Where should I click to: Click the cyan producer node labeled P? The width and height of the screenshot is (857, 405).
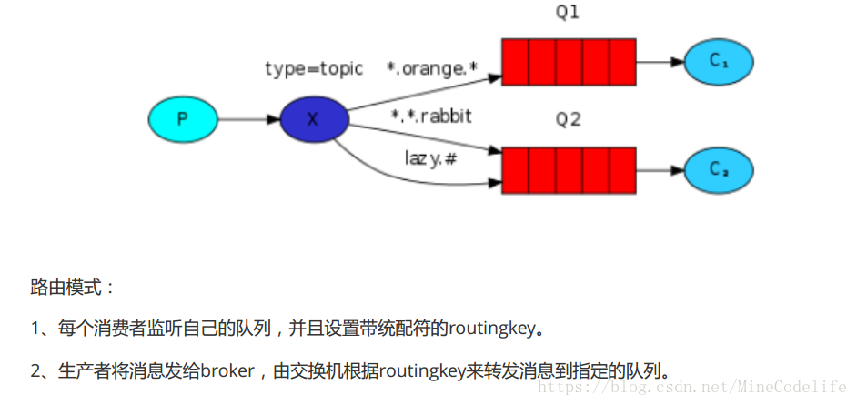pos(183,119)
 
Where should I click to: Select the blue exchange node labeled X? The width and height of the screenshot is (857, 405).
pos(314,119)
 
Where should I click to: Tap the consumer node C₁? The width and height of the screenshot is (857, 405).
pos(719,62)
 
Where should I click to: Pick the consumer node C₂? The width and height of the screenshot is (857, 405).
pos(719,170)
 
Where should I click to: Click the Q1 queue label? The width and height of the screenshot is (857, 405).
pos(568,13)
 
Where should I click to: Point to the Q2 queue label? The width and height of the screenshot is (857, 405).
pos(568,119)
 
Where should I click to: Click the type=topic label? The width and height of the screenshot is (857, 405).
pos(314,68)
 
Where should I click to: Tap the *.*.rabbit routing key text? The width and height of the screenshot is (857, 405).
pos(431,116)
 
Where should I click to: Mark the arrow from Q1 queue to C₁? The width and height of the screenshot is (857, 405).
pos(660,62)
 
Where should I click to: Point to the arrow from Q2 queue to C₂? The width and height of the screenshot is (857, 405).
pos(660,170)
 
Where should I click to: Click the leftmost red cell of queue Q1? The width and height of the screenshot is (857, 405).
pos(515,62)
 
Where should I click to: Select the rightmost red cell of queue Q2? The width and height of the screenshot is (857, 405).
pos(622,170)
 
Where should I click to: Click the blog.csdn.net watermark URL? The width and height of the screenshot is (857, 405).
pos(691,388)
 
